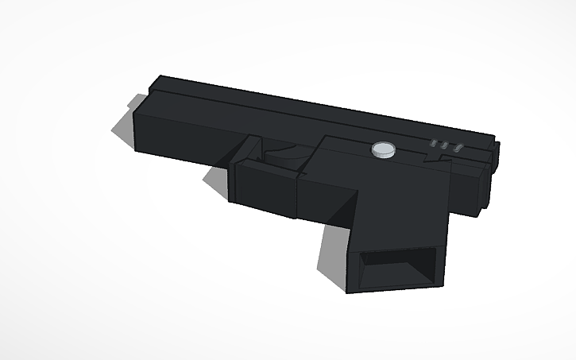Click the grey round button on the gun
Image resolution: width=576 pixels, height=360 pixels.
pos(385,149)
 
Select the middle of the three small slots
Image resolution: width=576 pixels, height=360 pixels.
pos(446,146)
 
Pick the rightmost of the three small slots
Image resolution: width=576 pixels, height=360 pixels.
pos(458,148)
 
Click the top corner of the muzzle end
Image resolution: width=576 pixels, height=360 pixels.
pos(161,77)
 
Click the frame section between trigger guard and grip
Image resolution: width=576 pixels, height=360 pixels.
pos(326,195)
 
